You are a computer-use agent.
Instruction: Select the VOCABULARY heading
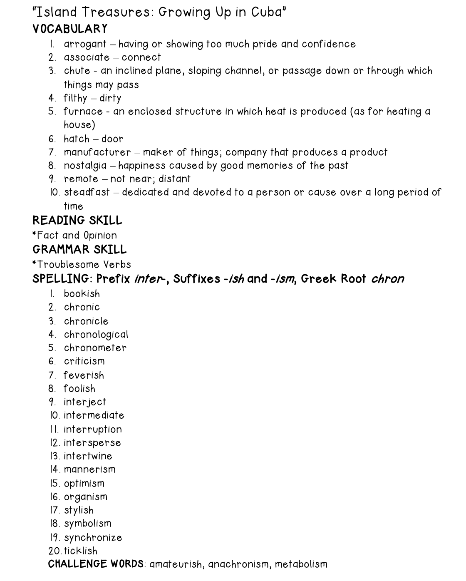[70, 29]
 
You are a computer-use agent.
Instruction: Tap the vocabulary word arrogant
[85, 44]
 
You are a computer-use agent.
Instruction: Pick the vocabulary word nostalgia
[85, 166]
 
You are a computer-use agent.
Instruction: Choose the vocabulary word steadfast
[87, 192]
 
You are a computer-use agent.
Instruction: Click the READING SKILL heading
[77, 220]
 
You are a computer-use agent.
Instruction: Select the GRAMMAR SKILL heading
[79, 249]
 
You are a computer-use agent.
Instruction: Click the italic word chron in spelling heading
[387, 278]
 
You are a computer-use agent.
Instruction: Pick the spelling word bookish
[82, 294]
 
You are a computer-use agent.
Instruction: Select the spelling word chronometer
[95, 348]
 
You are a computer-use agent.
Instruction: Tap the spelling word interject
[84, 402]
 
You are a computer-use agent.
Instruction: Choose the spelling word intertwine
[88, 456]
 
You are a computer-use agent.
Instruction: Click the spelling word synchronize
[93, 538]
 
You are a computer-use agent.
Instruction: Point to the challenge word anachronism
[238, 564]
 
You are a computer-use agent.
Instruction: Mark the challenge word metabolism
[301, 564]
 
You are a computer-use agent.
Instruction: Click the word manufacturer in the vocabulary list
[97, 152]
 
